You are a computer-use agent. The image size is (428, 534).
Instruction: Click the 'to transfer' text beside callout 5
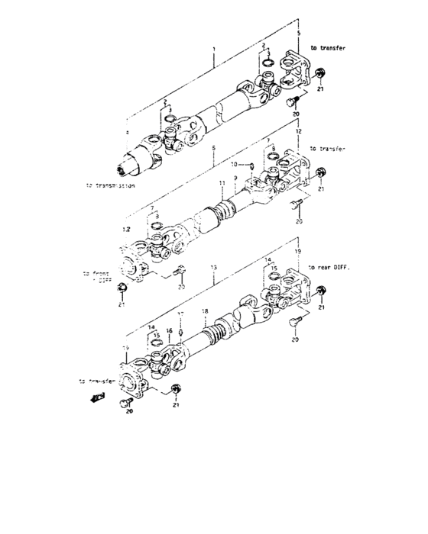pos(329,47)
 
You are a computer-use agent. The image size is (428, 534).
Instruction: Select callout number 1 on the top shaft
pos(215,48)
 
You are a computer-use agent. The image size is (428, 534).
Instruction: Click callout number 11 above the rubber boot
pos(221,184)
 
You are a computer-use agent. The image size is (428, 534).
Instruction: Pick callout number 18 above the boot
pos(204,311)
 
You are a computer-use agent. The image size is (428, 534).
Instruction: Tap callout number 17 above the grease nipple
pos(180,314)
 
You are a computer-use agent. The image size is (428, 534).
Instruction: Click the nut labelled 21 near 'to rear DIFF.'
pos(320,291)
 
